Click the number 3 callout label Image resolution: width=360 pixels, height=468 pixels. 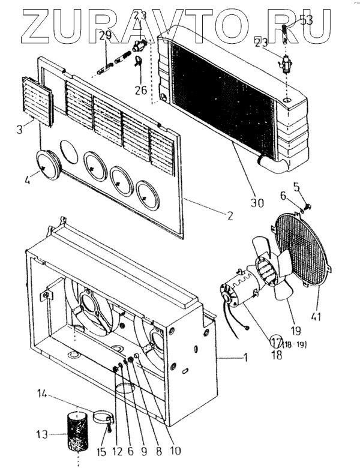tap(20, 128)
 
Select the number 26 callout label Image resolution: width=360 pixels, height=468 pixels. tap(141, 91)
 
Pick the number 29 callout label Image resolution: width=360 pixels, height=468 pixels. tap(105, 37)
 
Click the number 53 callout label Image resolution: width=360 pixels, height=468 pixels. tap(306, 20)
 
